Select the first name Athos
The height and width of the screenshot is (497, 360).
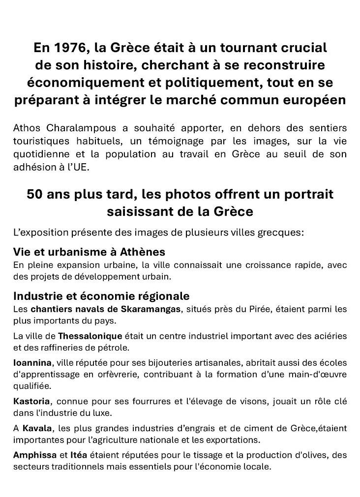(26, 129)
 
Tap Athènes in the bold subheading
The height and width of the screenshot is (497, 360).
(142, 252)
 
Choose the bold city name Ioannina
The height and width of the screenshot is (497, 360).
(32, 363)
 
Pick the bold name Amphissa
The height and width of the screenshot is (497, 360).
(35, 455)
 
